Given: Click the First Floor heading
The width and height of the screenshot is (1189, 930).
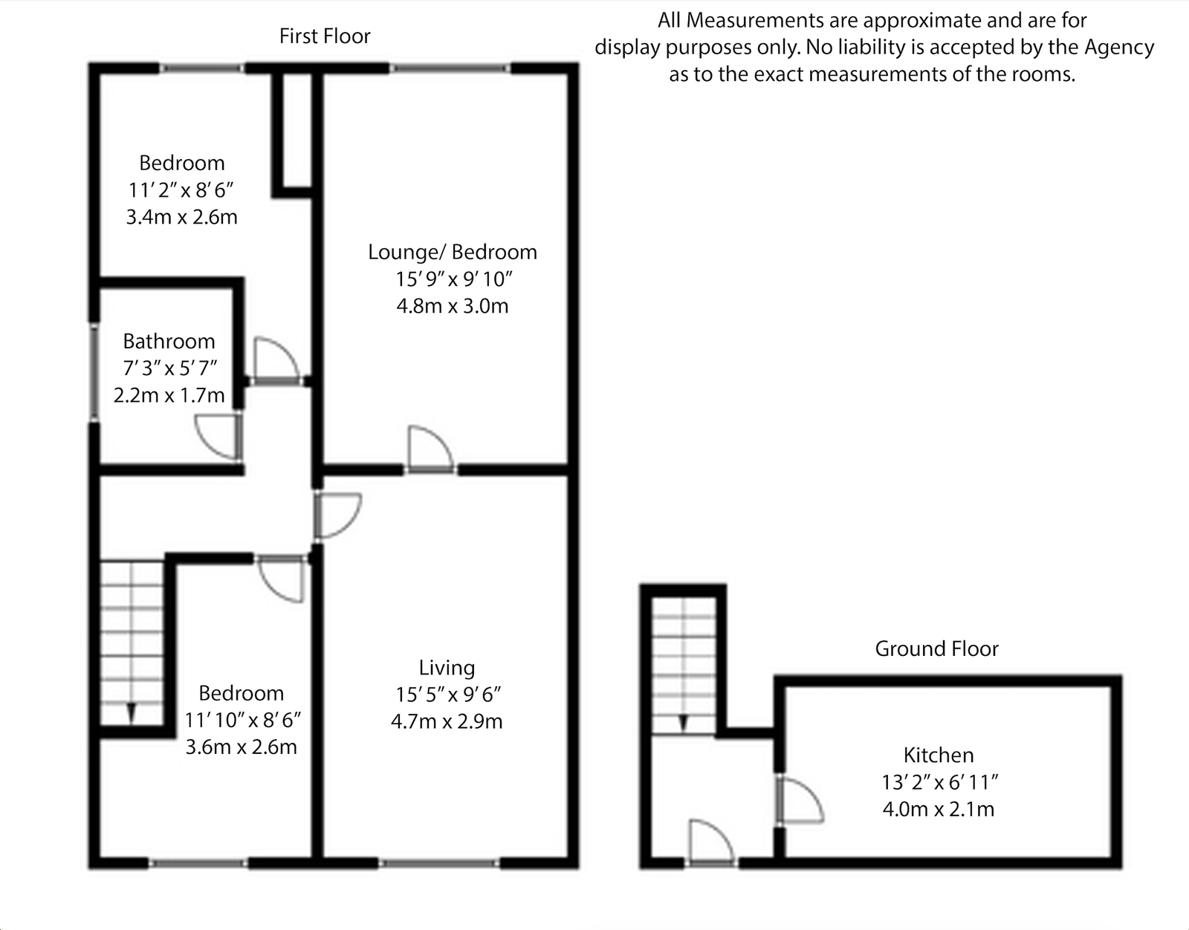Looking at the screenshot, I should coord(325,36).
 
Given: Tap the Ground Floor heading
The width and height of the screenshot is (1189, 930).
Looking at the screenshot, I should coord(936,648).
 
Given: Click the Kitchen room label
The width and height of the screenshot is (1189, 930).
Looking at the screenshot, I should coord(938,755).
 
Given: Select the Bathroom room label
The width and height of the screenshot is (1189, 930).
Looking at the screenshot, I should coord(169,341).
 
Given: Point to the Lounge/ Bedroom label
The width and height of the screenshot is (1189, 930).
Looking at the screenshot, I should coord(452,252).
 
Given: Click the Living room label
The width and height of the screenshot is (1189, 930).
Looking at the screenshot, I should coord(447,667).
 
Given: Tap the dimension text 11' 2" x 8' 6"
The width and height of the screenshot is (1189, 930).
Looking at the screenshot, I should coord(181,190).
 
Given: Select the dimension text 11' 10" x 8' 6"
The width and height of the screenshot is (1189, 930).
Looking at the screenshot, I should coord(242,720).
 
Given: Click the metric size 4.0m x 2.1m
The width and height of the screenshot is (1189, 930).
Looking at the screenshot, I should coord(938,808).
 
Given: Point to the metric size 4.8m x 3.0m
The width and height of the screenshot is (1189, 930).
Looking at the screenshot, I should coord(452,305).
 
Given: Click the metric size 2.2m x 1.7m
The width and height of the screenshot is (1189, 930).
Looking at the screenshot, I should coord(169,394).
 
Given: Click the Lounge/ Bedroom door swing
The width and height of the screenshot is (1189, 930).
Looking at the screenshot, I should coord(430,448).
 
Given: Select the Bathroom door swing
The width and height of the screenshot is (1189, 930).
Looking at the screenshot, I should coord(218,436).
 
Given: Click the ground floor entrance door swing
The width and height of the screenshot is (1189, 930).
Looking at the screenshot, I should coord(711,841).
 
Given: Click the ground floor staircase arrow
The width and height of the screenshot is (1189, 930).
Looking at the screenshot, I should coord(683,722).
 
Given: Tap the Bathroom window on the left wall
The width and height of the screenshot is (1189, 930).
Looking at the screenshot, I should coord(94,371).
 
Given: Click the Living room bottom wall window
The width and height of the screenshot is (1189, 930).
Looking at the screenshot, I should coord(438,863).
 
